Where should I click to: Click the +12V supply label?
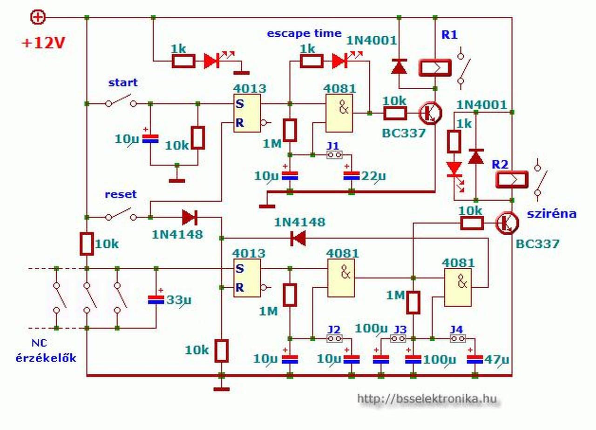(43, 43)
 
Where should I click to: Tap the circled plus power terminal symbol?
(38, 18)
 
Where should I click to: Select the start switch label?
(123, 82)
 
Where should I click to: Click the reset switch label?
(121, 194)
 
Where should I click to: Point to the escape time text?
(304, 33)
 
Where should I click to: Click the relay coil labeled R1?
(435, 68)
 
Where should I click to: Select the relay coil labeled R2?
(512, 180)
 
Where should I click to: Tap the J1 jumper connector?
(334, 155)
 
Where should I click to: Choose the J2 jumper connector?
(334, 338)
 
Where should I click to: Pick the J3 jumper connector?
(398, 338)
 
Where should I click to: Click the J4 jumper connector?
(458, 338)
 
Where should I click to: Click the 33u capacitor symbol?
(156, 299)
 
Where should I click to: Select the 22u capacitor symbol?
(352, 176)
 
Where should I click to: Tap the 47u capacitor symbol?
(475, 359)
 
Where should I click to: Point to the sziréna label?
(552, 213)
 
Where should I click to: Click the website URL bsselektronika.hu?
(427, 399)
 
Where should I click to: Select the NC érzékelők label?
(46, 351)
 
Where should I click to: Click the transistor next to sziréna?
(507, 223)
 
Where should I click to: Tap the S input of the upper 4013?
(239, 104)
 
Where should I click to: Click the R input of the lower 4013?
(239, 287)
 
